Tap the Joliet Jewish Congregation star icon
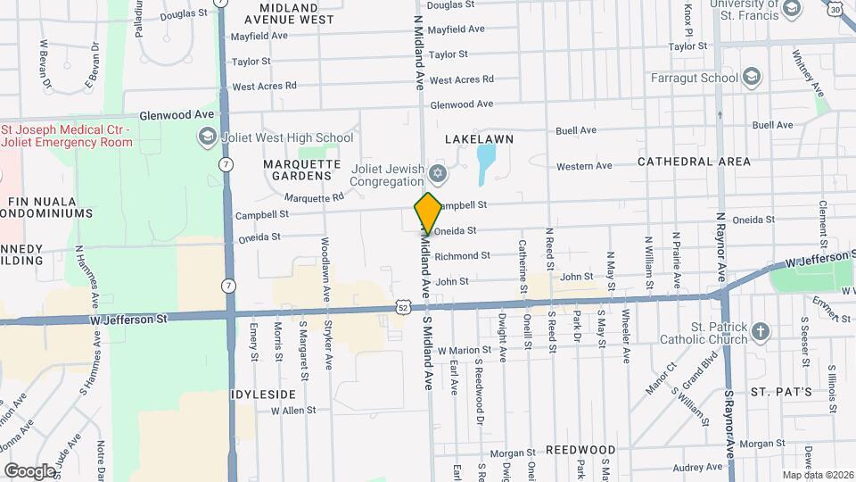(x=437, y=172)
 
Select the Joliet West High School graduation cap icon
(x=207, y=137)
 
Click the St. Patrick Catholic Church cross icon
(x=760, y=332)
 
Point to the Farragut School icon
(x=751, y=77)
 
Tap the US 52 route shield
(x=404, y=306)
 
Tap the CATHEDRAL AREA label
(x=694, y=162)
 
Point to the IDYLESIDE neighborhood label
(x=262, y=394)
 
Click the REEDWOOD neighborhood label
(x=580, y=449)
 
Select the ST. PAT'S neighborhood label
(x=780, y=392)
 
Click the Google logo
(x=29, y=470)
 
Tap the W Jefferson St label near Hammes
(x=129, y=318)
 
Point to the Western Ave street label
(x=584, y=166)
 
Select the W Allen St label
(x=287, y=410)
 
